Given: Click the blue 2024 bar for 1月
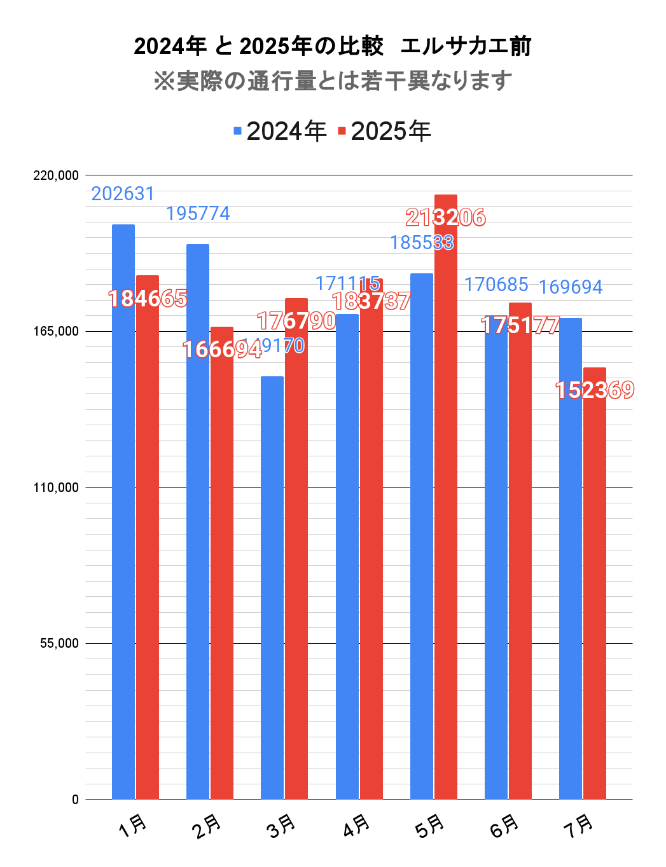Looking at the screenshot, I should point(123,512).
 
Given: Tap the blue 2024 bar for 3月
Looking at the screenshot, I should point(272,587).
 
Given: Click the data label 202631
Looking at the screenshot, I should point(123,194).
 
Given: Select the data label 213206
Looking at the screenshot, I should point(446,218).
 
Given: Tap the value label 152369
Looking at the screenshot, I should point(595,390).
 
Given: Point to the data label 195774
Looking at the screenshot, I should point(198,214).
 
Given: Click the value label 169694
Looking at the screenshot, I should point(571,287).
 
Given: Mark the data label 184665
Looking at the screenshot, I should point(148,298).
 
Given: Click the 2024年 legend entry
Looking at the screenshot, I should point(280,132).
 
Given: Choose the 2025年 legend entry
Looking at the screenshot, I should point(384,132).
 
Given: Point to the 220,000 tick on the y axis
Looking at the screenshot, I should point(56,175).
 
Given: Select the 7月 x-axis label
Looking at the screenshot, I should point(579,825).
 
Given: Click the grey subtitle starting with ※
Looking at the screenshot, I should point(333,81).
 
